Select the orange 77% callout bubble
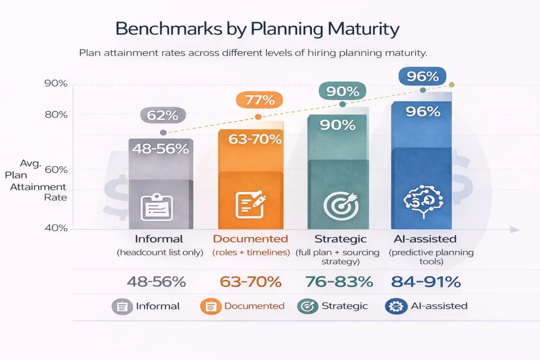(259, 100)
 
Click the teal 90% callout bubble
(343, 91)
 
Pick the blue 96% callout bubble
(422, 76)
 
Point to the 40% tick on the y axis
(56, 228)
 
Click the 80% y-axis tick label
(56, 114)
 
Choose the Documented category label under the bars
(250, 239)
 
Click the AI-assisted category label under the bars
(424, 239)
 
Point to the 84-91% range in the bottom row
(426, 282)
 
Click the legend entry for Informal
(146, 306)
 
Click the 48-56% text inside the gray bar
(160, 149)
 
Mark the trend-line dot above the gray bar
(163, 132)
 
